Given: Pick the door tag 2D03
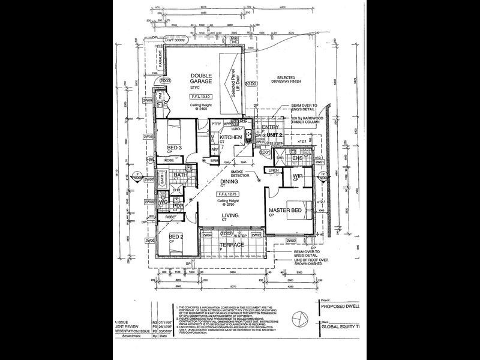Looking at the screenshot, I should click(166, 80).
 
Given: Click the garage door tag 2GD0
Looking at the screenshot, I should click(251, 84).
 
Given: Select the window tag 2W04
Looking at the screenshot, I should click(208, 236).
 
